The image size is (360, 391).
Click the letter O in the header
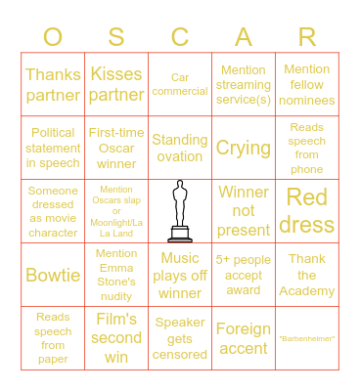(x=53, y=37)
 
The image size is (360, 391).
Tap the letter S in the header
(x=116, y=37)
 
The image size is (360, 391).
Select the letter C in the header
(x=180, y=37)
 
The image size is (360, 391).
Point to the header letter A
(x=244, y=37)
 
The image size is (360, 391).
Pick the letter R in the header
(x=307, y=37)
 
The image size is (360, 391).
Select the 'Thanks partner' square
(x=53, y=84)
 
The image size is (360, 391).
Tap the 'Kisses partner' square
(x=116, y=84)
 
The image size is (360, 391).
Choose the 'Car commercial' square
(x=180, y=84)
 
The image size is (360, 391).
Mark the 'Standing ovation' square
(x=180, y=148)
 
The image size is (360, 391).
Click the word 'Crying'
(x=244, y=148)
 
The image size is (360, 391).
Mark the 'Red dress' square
(x=307, y=210)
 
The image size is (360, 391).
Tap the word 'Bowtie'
(x=53, y=275)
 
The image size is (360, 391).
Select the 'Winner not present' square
(x=244, y=210)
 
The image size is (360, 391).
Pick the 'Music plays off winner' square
(x=180, y=275)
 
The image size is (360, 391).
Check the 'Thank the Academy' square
(x=307, y=275)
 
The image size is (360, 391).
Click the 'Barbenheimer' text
(x=307, y=338)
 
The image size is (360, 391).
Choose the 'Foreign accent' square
(x=244, y=338)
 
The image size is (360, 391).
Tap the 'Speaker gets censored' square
(x=180, y=338)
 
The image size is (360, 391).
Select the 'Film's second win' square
(x=116, y=338)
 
